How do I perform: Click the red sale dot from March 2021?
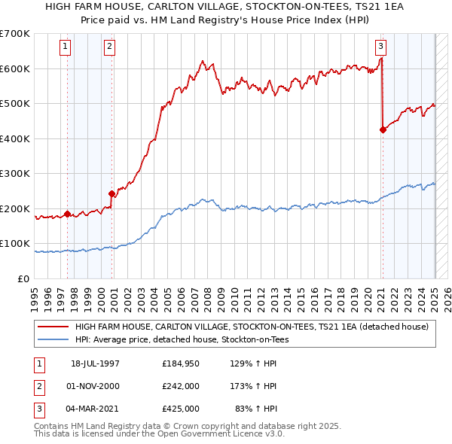(x=383, y=129)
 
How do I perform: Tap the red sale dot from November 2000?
(x=112, y=193)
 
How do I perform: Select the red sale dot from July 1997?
(x=68, y=214)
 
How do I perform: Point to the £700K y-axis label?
(x=15, y=34)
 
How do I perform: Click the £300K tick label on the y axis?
(x=15, y=174)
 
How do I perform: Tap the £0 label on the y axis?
(x=24, y=278)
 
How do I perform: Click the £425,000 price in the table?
(x=181, y=409)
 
